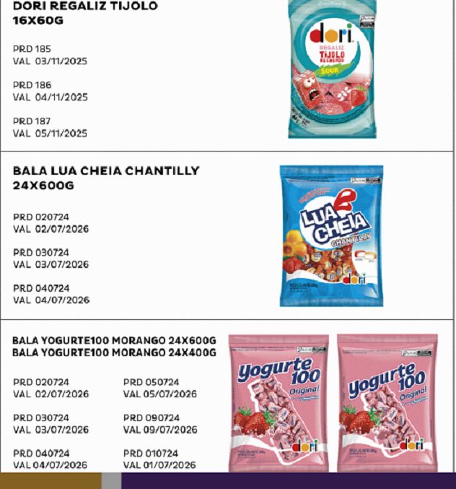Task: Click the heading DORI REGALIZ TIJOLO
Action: (85, 7)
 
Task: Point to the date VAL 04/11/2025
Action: (50, 98)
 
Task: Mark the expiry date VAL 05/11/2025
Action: (50, 134)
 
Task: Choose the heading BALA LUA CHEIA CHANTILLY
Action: (106, 171)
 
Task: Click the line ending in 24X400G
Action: (114, 352)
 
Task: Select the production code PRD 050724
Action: (151, 382)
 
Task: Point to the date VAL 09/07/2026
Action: (159, 430)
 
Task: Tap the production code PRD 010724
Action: (151, 454)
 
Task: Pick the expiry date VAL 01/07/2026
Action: (159, 465)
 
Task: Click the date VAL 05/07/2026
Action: (159, 394)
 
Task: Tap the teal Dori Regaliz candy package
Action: (332, 69)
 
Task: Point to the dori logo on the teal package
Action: (331, 34)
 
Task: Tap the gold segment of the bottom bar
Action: (51, 481)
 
